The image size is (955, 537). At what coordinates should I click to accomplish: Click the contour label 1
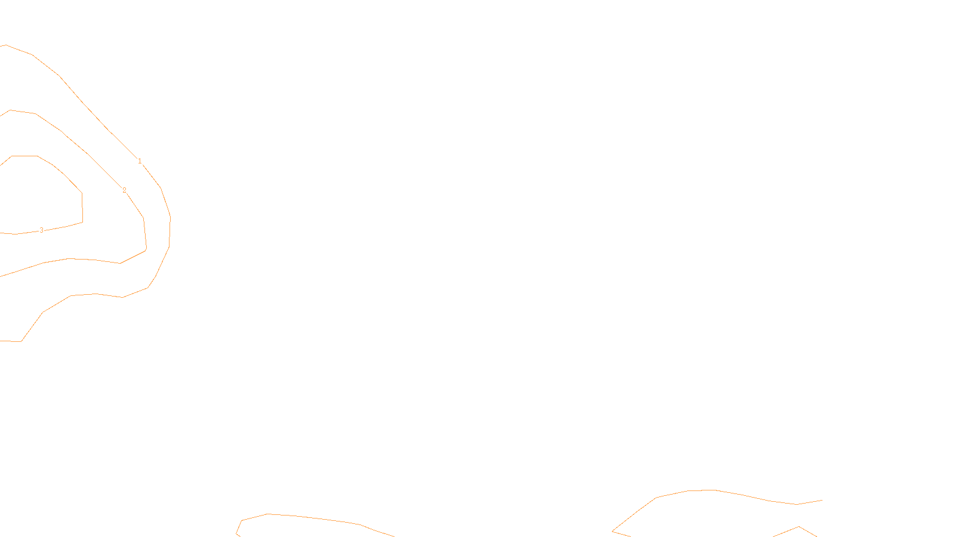pos(140,161)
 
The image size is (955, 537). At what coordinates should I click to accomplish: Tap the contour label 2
pos(124,190)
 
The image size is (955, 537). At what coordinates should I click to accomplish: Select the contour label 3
pos(41,230)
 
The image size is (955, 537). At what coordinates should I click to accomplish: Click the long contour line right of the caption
pos(716,490)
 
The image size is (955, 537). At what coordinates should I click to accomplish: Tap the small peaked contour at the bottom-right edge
pos(788,530)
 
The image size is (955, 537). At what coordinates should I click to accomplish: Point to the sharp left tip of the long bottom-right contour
pos(613,530)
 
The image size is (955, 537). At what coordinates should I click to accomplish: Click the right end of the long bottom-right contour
pos(822,500)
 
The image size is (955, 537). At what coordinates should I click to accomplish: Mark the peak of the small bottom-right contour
pos(799,526)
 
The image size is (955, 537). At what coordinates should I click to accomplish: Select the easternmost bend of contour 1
pos(170,218)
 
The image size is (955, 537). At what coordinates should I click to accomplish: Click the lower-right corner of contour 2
pos(146,250)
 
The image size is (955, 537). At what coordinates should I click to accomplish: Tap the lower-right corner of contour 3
pos(82,222)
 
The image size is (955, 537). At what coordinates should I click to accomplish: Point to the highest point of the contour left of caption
pos(267,514)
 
